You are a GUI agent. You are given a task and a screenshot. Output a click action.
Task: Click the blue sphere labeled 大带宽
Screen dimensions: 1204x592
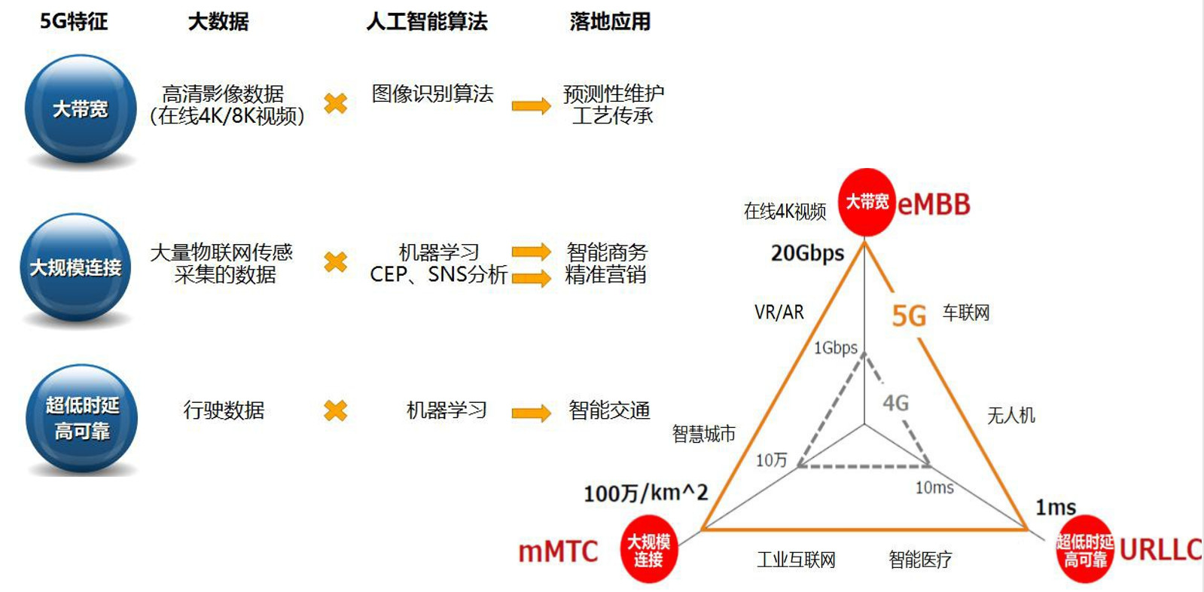[81, 108]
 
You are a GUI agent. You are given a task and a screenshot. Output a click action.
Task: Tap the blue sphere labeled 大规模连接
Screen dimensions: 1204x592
[75, 267]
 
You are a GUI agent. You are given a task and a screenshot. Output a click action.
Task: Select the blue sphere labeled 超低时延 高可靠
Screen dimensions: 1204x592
[82, 419]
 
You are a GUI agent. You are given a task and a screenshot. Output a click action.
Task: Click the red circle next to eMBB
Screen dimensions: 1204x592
[867, 202]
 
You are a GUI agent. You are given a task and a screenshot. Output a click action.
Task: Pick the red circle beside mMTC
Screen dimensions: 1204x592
[648, 550]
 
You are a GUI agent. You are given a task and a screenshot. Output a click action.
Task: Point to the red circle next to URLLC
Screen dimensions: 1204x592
[1085, 550]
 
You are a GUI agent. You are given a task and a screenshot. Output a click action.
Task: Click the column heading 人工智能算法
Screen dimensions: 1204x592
[427, 22]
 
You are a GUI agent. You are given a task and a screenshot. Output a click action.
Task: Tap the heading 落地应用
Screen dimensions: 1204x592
[610, 22]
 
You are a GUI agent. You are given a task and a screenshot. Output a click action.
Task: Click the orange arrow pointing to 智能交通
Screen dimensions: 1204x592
[532, 413]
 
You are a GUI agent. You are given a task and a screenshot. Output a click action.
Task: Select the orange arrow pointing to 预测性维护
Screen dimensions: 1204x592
[532, 106]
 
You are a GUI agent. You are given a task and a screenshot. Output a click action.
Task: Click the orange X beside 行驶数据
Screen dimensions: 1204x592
[335, 410]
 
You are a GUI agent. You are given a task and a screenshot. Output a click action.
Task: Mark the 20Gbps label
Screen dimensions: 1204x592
[807, 253]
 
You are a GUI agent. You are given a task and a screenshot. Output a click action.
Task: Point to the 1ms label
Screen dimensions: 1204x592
[1056, 508]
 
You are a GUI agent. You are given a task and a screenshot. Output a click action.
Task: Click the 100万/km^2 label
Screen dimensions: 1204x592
[645, 493]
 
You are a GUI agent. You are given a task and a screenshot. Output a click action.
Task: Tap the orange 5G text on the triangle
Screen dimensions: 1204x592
[909, 316]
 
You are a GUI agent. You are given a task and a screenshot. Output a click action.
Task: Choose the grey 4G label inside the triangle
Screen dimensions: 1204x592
[895, 403]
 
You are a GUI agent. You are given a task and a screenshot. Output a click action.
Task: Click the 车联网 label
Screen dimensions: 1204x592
[966, 313]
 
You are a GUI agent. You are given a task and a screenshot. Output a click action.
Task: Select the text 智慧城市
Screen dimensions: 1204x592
[703, 434]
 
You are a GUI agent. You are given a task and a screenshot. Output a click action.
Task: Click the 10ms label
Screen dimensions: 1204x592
[934, 488]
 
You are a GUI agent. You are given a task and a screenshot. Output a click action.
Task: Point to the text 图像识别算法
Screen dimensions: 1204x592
[432, 93]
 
